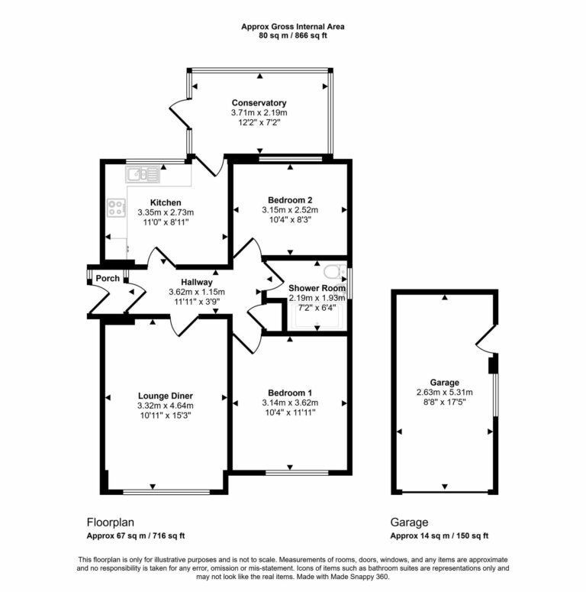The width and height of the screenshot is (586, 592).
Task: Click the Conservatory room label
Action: point(259,102)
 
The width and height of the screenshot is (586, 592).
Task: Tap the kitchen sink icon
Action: point(142,175)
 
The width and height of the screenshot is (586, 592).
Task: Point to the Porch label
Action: point(108,279)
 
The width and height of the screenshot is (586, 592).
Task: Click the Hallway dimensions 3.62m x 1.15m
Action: point(196,292)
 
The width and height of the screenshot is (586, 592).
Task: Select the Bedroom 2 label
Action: point(289,200)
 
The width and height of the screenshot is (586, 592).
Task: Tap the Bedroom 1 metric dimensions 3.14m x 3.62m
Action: point(289,403)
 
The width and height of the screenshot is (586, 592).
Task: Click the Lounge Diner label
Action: point(166,395)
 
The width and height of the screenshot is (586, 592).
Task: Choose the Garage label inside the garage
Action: point(444,383)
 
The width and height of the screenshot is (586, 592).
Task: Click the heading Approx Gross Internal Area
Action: point(292,26)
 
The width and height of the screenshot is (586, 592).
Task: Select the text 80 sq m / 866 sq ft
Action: point(292,35)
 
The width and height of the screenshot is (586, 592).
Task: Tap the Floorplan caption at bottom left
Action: point(110,523)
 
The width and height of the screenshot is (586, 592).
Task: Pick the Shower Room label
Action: point(311,288)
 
